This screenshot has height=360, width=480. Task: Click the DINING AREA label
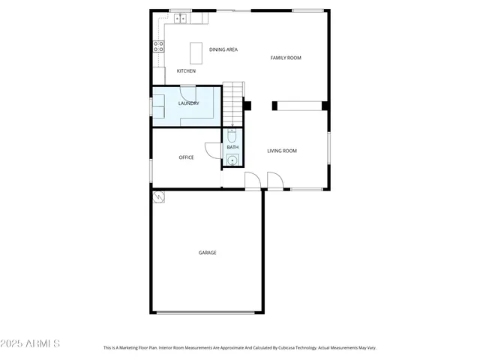223,49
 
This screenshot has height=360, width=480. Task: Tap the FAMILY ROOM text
286,58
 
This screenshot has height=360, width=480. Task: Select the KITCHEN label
186,71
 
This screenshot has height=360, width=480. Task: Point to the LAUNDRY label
189,103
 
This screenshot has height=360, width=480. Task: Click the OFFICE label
186,157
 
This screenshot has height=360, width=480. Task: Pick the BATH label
232,147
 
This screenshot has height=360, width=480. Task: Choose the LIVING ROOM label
282,151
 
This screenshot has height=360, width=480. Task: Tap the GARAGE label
207,253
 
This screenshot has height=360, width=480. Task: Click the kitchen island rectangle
196,52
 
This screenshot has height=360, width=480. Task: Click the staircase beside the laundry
235,102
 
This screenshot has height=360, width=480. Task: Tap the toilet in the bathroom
232,136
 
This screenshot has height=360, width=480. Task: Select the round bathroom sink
232,159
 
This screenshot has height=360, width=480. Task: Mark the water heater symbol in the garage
159,197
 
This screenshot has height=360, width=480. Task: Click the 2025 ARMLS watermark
31,343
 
